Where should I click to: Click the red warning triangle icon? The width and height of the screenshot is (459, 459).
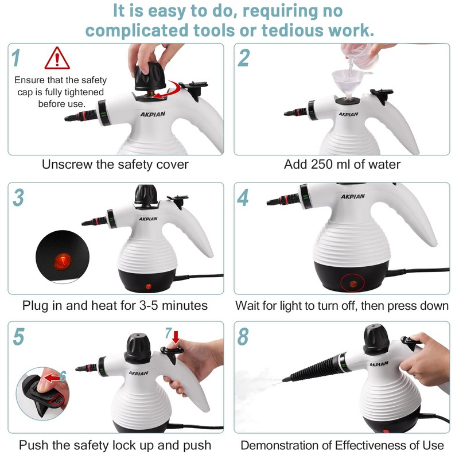57,59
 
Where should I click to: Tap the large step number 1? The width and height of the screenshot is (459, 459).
16,58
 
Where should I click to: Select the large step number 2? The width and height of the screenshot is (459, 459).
243,58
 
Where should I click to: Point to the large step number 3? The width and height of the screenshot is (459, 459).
18,197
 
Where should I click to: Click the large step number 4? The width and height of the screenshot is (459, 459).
243,197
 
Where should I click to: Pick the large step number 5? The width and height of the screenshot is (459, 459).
18,336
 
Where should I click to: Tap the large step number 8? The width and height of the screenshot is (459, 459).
243,336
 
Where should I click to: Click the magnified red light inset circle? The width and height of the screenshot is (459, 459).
62,256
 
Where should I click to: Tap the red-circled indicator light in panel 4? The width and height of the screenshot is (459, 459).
352,283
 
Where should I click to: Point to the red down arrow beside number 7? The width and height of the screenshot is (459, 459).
176,337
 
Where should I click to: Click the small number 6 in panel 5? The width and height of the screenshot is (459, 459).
63,376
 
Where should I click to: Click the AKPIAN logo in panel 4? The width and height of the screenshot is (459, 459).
353,196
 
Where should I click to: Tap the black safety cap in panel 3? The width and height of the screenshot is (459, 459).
146,194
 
